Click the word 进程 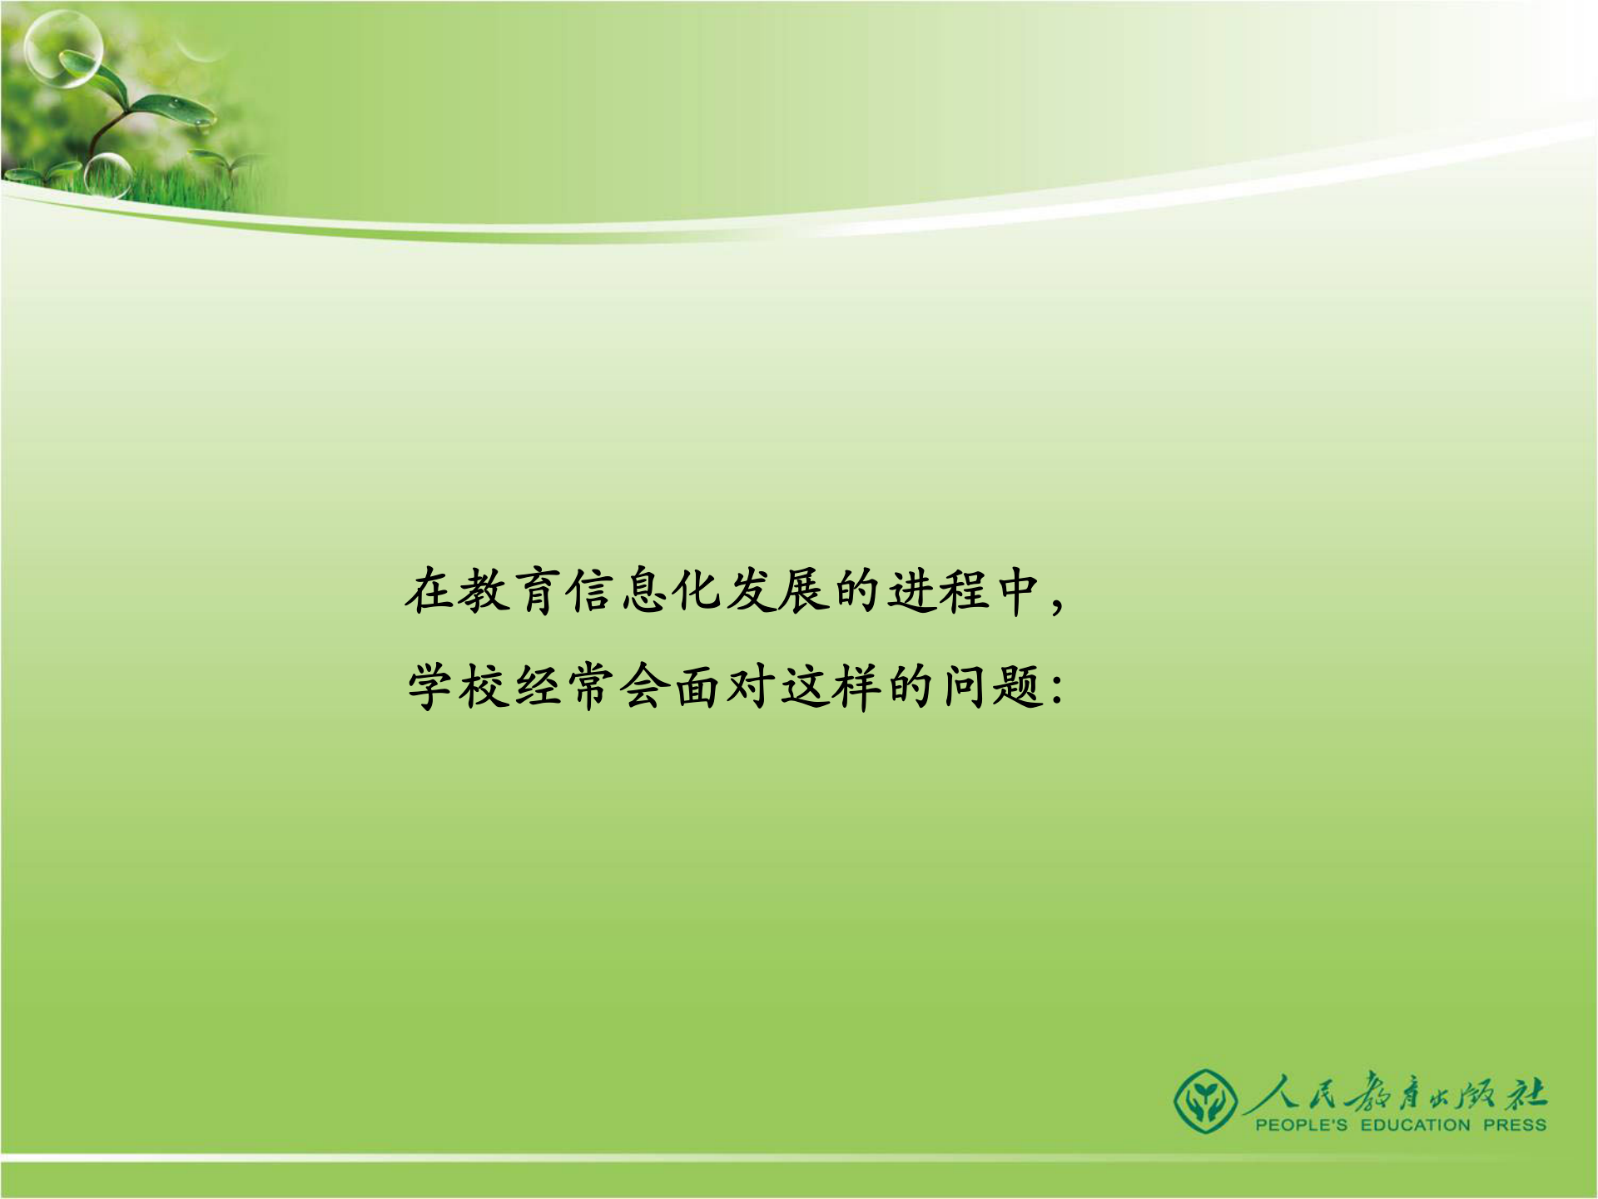[x=939, y=591]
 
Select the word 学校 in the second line [x=458, y=688]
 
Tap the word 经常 [x=564, y=688]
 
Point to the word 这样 [x=831, y=688]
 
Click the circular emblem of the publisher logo [x=1203, y=1101]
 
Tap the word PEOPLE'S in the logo [x=1301, y=1126]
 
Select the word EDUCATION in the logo [x=1415, y=1126]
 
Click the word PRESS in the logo [x=1515, y=1126]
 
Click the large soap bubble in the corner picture [x=63, y=48]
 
